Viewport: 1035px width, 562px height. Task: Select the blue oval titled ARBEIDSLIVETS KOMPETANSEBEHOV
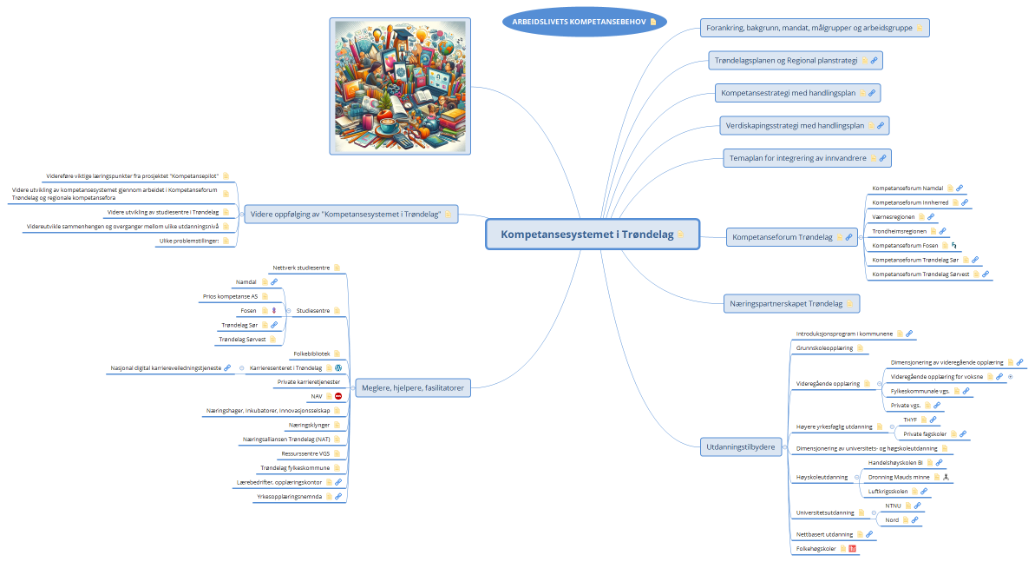coord(576,21)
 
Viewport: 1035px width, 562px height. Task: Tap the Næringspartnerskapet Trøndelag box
coord(783,303)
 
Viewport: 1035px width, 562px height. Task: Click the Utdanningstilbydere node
coord(738,446)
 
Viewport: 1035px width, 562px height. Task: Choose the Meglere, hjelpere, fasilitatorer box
coord(412,387)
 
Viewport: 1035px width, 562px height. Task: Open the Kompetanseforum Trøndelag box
coord(782,236)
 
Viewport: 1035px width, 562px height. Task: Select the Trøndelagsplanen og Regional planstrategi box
coord(785,61)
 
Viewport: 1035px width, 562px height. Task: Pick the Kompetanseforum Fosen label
coord(905,246)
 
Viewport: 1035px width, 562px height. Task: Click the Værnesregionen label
coord(894,216)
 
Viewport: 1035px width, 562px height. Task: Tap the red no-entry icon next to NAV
coord(338,396)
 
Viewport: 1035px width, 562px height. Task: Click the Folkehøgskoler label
coord(816,549)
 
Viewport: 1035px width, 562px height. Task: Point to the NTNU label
coord(893,505)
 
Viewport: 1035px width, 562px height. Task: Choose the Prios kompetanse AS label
coord(230,296)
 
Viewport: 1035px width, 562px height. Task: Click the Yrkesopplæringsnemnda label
coord(289,497)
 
